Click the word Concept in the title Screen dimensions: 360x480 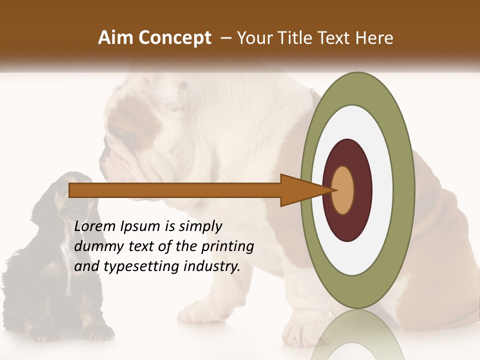click(175, 38)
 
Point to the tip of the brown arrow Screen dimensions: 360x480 click(333, 190)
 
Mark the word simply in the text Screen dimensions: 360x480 click(200, 227)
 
